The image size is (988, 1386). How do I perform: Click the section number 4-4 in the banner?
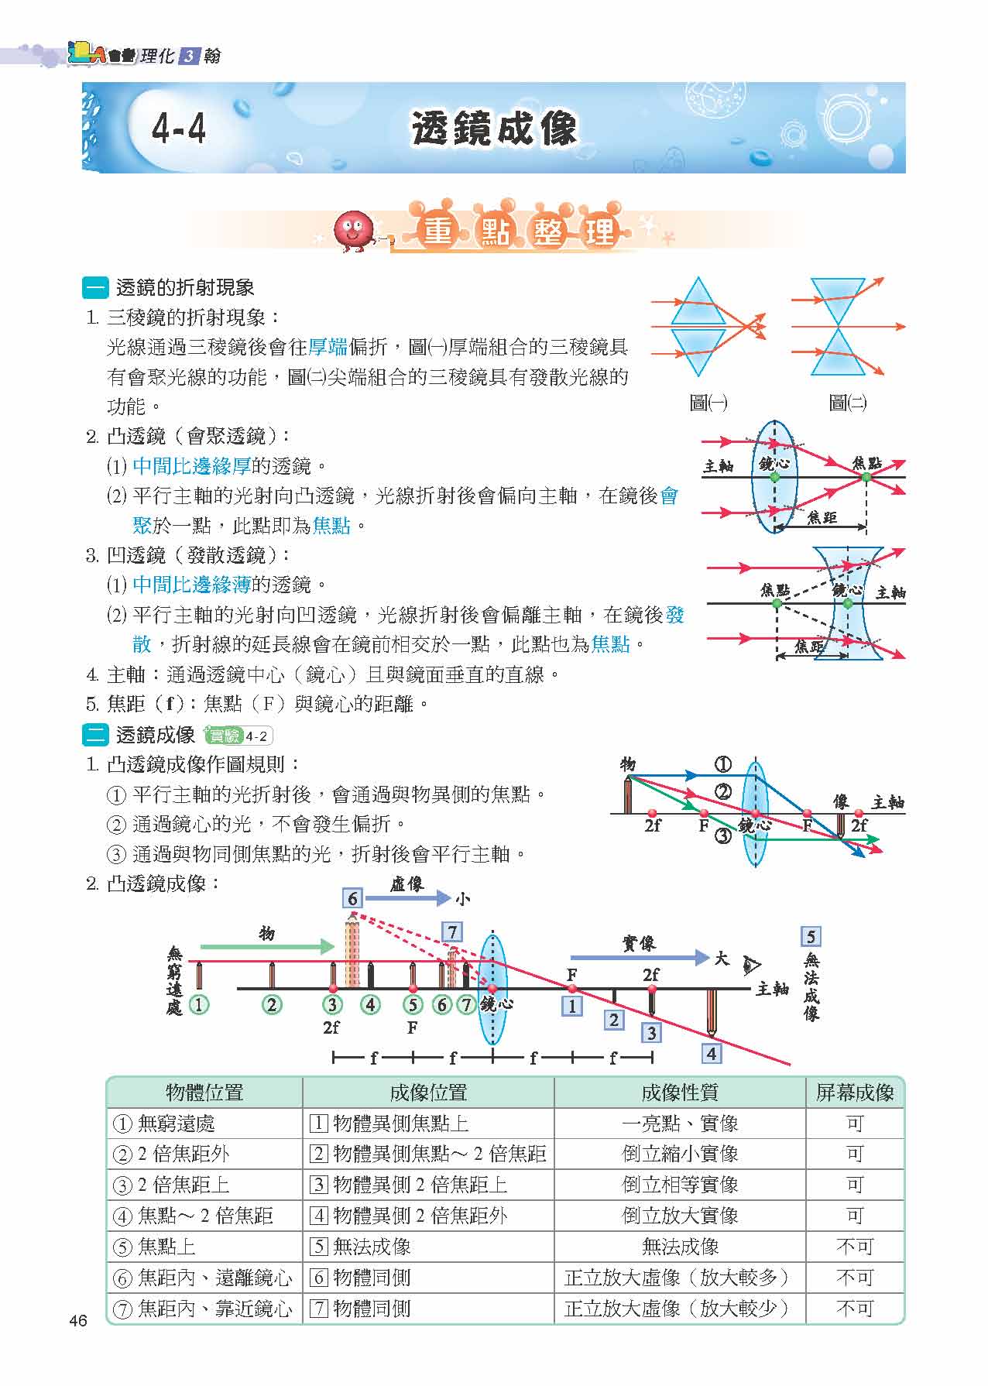click(x=180, y=129)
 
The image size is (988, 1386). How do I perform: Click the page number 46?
click(x=78, y=1321)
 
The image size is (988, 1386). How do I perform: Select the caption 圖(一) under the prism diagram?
click(x=708, y=402)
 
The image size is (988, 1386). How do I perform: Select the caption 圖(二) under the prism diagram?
click(x=847, y=402)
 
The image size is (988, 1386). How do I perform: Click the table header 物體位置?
click(x=204, y=1093)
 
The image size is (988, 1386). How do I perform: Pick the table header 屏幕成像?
click(x=855, y=1093)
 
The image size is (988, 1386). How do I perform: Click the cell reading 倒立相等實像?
click(x=680, y=1185)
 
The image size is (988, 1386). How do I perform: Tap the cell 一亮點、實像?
click(x=680, y=1124)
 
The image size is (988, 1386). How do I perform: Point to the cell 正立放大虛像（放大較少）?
click(x=680, y=1309)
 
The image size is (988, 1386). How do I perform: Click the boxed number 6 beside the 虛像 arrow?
click(x=352, y=898)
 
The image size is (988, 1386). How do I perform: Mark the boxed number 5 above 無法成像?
click(x=810, y=937)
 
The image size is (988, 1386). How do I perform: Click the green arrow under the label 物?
click(x=267, y=946)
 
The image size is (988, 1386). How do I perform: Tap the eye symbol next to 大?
click(x=750, y=965)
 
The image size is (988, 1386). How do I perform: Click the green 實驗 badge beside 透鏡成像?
click(x=222, y=736)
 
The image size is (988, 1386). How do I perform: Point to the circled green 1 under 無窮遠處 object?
click(x=199, y=1005)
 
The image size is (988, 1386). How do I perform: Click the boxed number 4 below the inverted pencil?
click(x=711, y=1053)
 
